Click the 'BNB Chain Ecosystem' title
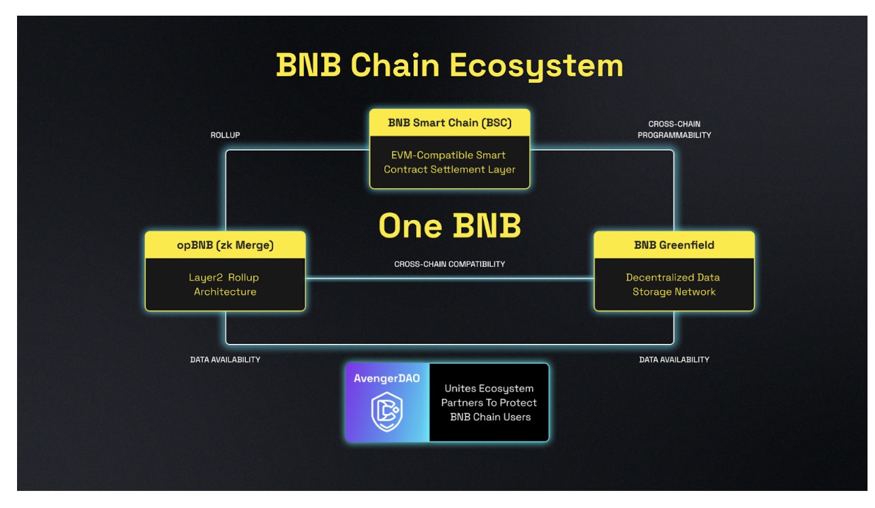449,66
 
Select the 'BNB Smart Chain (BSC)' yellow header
449,123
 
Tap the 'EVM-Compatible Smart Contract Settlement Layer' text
449,162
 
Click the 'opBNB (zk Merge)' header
225,245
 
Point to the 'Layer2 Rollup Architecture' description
225,285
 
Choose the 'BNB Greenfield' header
674,245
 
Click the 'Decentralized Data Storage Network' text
674,285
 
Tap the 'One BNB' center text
449,226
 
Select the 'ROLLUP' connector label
225,135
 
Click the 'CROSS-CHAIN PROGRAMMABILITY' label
674,129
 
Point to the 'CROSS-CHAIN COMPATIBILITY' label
449,264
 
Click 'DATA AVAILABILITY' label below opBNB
225,360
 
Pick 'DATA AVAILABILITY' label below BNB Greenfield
674,360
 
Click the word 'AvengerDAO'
386,378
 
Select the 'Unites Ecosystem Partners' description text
489,402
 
